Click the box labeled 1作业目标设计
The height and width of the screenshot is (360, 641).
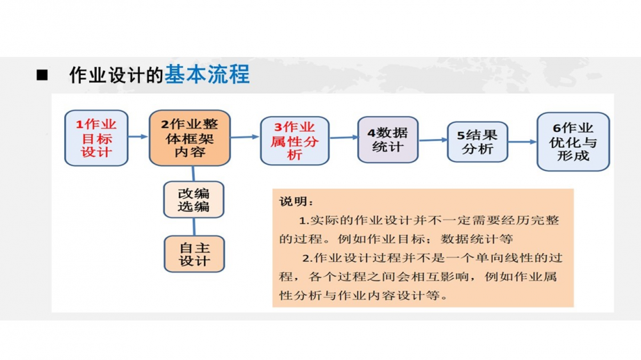point(97,138)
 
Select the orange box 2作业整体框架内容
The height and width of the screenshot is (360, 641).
point(190,138)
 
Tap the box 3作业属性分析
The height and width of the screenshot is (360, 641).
point(295,141)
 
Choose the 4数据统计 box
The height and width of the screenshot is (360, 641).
point(388,140)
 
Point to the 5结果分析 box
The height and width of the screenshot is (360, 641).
point(478,142)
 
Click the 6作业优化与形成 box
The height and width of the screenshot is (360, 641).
point(573,142)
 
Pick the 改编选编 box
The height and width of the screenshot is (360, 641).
point(194,199)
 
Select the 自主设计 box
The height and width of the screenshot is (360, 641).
point(194,254)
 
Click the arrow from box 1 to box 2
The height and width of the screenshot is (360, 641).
point(138,136)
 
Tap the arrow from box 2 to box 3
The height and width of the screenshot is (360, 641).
point(245,137)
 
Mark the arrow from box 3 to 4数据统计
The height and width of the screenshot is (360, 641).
point(344,137)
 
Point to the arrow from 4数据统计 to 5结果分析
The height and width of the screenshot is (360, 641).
point(433,140)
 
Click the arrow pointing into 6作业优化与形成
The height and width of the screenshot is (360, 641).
point(522,142)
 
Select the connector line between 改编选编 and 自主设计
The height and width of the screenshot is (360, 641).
point(194,227)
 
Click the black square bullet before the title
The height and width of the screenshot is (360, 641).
point(42,75)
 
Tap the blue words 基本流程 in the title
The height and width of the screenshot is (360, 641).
point(207,75)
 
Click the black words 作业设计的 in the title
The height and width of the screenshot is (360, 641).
point(117,75)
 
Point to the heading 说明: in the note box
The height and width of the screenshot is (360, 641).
point(296,201)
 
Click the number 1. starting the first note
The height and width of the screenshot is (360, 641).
point(304,220)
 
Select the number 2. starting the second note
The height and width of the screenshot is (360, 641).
point(307,258)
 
